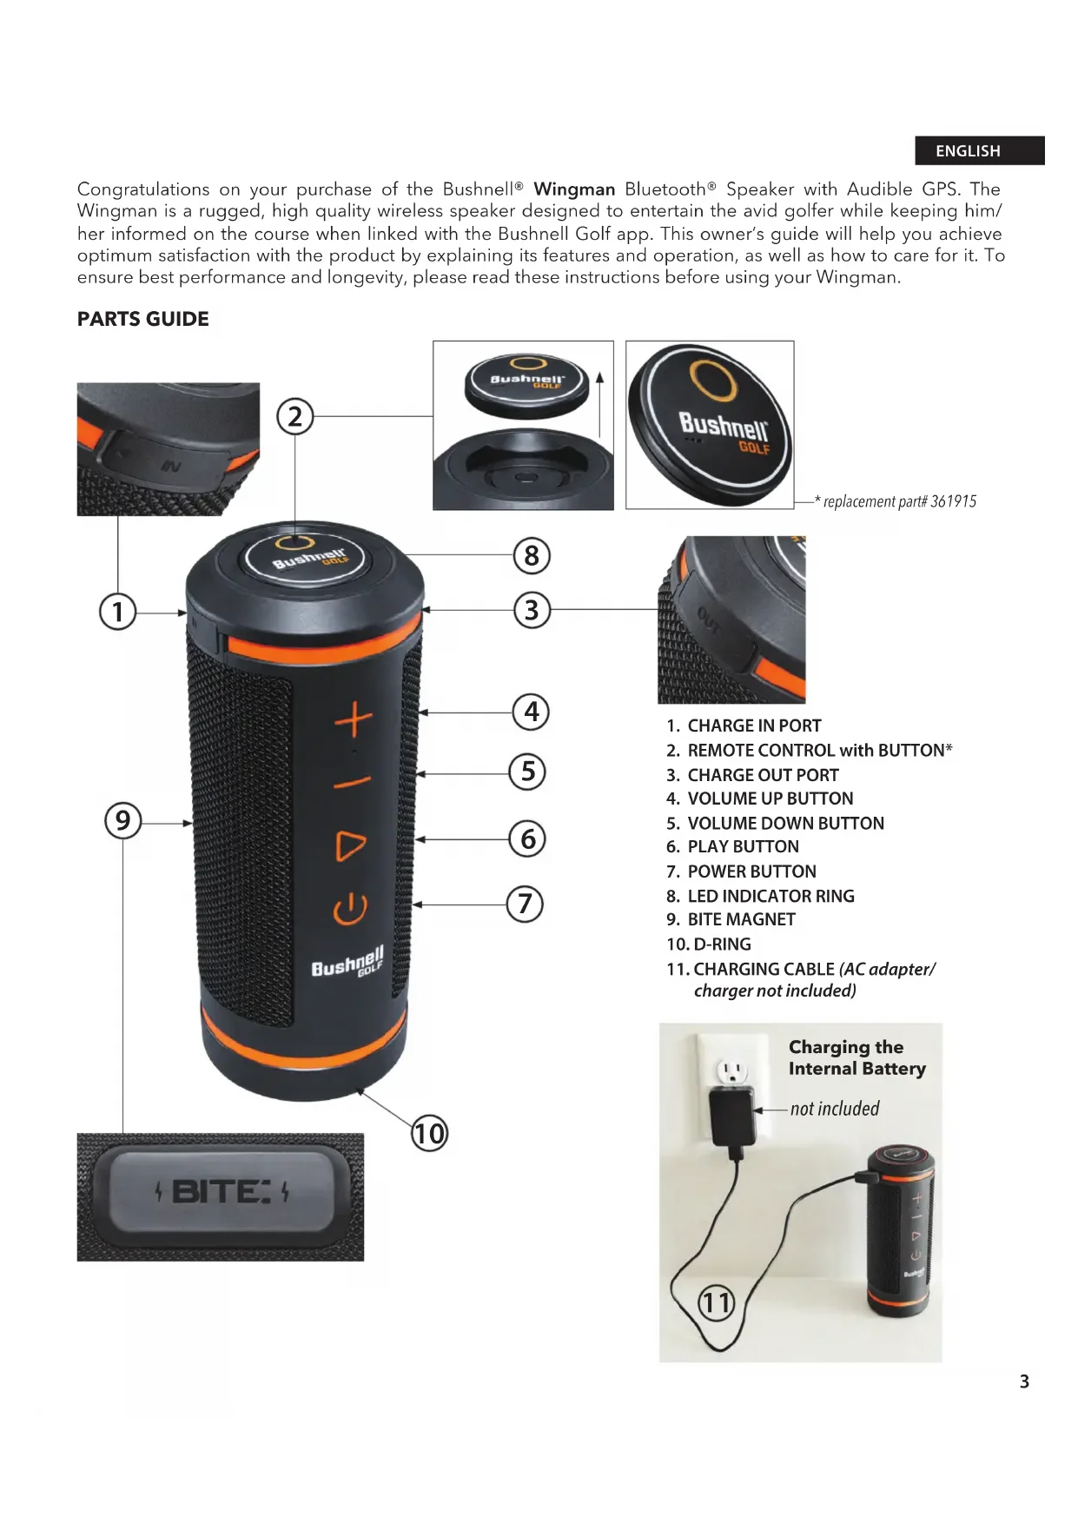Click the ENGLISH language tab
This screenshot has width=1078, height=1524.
coord(979,150)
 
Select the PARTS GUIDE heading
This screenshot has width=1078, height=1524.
coord(143,319)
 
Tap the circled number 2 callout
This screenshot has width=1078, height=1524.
coord(294,417)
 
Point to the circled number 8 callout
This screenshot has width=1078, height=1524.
coord(532,555)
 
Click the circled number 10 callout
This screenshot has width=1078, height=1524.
coord(429,1133)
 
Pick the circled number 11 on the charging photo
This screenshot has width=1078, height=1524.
coord(717,1302)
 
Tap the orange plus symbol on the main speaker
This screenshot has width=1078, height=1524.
coord(354,722)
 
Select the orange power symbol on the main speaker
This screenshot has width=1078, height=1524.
coord(350,910)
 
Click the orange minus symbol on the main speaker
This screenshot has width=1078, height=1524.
coord(353,784)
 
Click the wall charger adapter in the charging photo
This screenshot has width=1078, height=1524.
coord(732,1118)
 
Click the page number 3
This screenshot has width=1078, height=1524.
coord(1024,1382)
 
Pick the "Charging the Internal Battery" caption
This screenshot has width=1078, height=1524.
coord(857,1057)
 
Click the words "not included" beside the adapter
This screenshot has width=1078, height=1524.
coord(835,1109)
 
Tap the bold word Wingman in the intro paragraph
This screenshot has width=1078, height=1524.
coord(574,189)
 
